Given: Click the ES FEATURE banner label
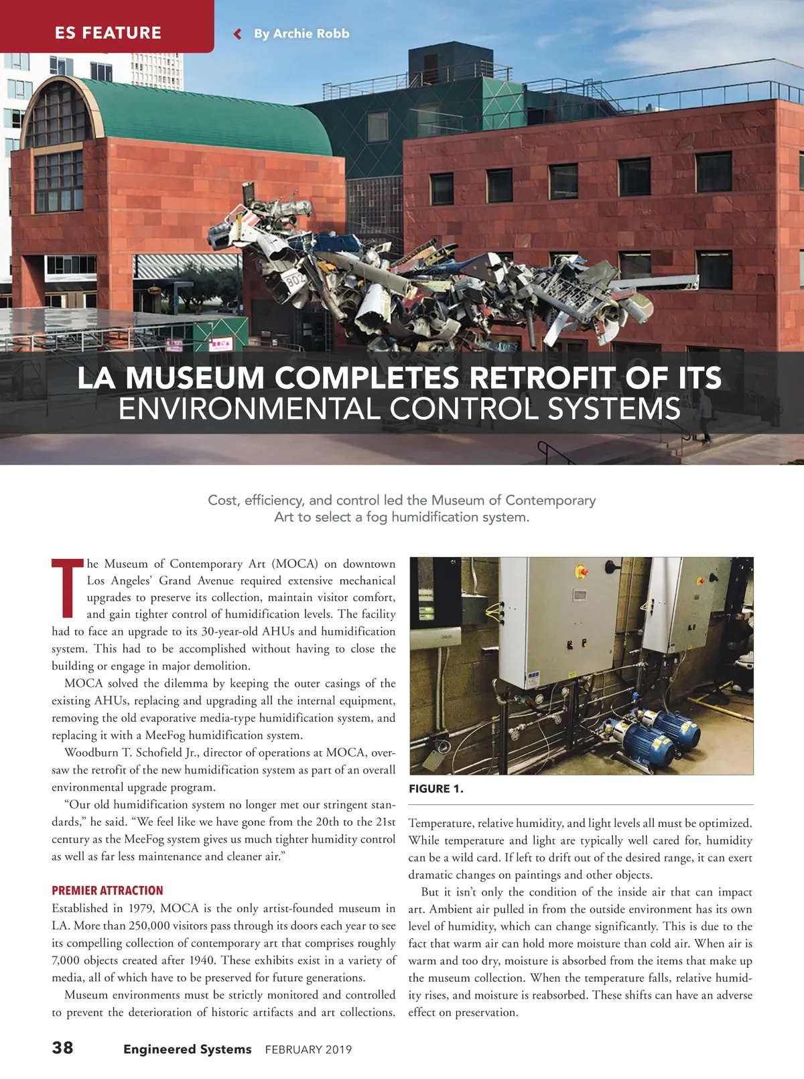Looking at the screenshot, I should [x=108, y=33].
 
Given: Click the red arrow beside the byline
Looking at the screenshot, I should [x=237, y=34].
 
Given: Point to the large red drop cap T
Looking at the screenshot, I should [x=67, y=588].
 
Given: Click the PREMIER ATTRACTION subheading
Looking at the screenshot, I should [x=107, y=890].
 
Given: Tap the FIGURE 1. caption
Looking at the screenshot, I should [x=435, y=789].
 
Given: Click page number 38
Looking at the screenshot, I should [x=63, y=1048].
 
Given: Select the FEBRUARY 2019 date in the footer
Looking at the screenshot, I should [x=308, y=1050].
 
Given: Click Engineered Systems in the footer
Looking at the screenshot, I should [x=187, y=1049].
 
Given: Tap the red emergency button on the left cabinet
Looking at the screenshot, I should [x=581, y=572].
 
